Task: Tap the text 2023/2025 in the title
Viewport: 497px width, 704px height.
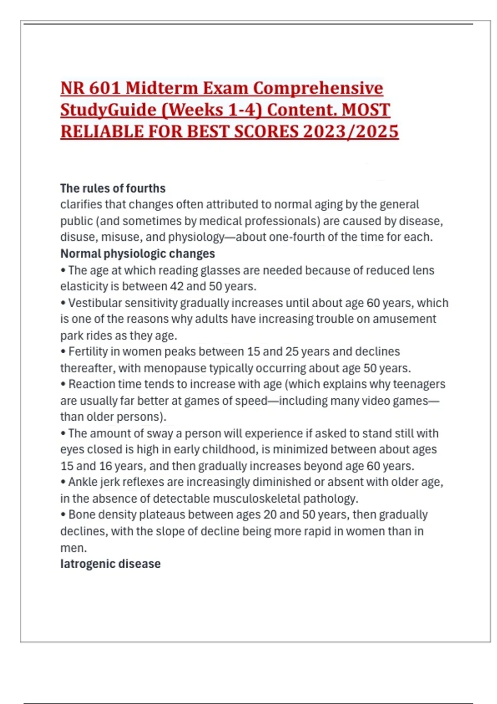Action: tap(350, 132)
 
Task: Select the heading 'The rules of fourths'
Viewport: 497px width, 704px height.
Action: tap(113, 188)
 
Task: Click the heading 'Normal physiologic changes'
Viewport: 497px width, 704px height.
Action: tap(138, 253)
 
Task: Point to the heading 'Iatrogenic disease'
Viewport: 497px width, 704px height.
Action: tap(110, 564)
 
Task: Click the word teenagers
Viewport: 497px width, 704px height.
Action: tap(419, 384)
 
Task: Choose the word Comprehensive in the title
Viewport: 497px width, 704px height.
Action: tap(318, 88)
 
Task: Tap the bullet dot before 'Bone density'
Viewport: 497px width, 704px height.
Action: tap(63, 515)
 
